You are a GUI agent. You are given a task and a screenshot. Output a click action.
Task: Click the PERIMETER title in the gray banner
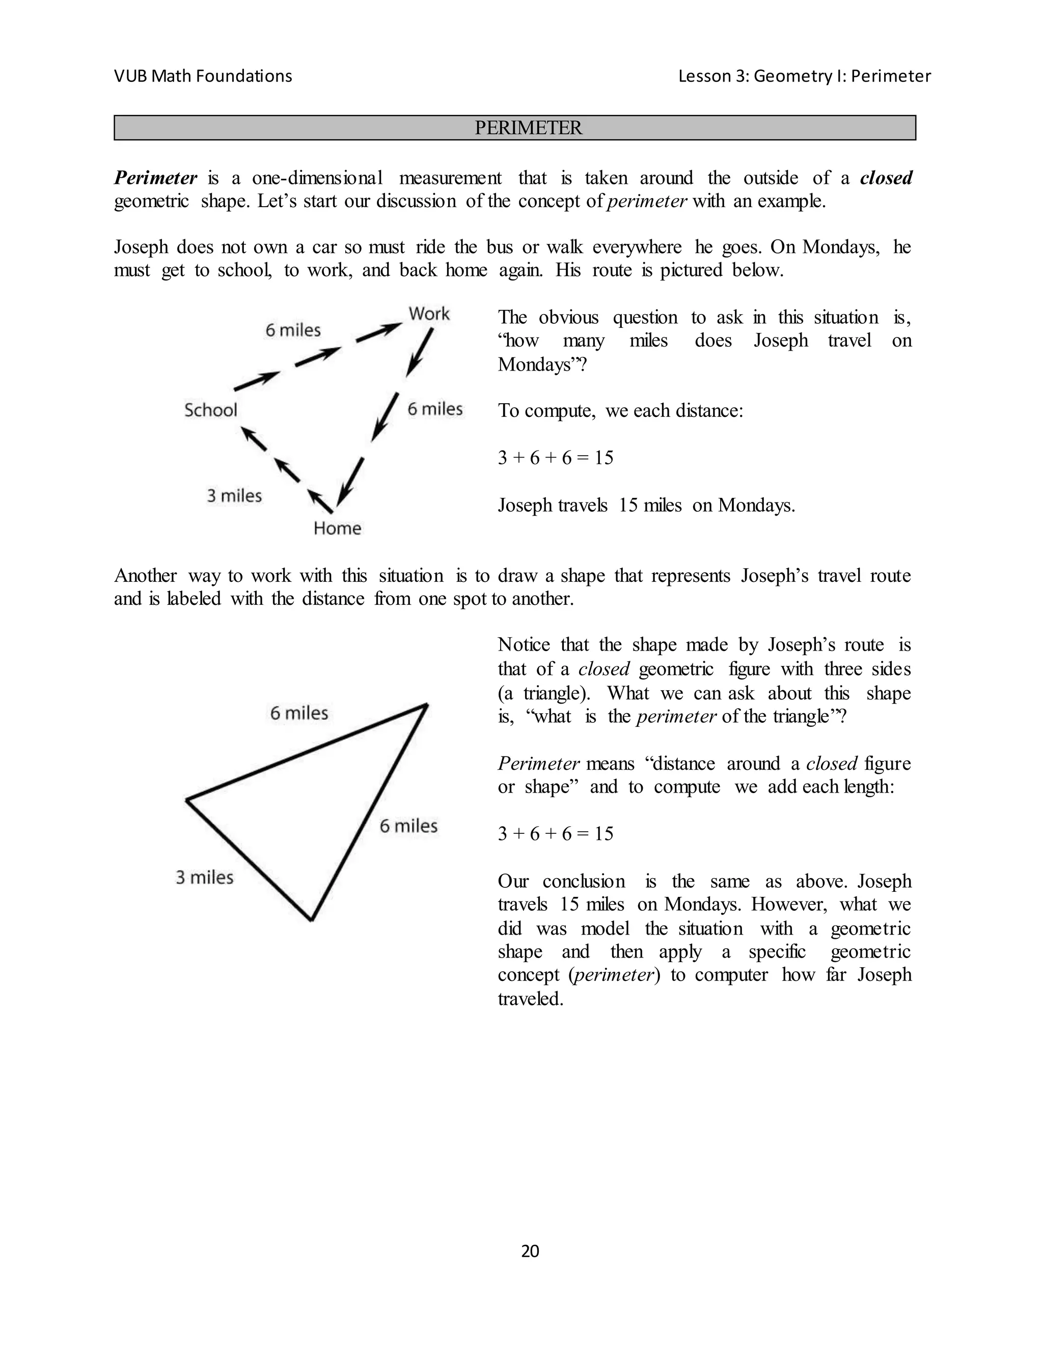528,128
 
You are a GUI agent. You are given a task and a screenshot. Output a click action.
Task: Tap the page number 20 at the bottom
530,1251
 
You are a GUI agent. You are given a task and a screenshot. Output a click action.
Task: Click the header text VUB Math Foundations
203,76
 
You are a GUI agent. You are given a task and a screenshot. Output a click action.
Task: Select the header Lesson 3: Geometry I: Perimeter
804,76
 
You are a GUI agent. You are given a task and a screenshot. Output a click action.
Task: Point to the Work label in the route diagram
429,314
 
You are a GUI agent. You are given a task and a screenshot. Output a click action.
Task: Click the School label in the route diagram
211,410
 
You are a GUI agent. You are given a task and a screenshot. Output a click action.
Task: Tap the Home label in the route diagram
337,528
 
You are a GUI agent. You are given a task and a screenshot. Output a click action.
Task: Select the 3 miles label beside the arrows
234,495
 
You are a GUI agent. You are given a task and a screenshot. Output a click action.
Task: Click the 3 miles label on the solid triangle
205,877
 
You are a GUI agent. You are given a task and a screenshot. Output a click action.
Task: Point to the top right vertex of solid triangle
426,704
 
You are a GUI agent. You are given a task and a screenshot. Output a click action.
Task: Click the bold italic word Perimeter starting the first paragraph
156,178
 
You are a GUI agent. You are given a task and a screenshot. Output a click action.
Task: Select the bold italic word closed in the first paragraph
886,178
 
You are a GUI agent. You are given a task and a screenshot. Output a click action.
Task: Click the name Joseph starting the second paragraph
141,247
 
